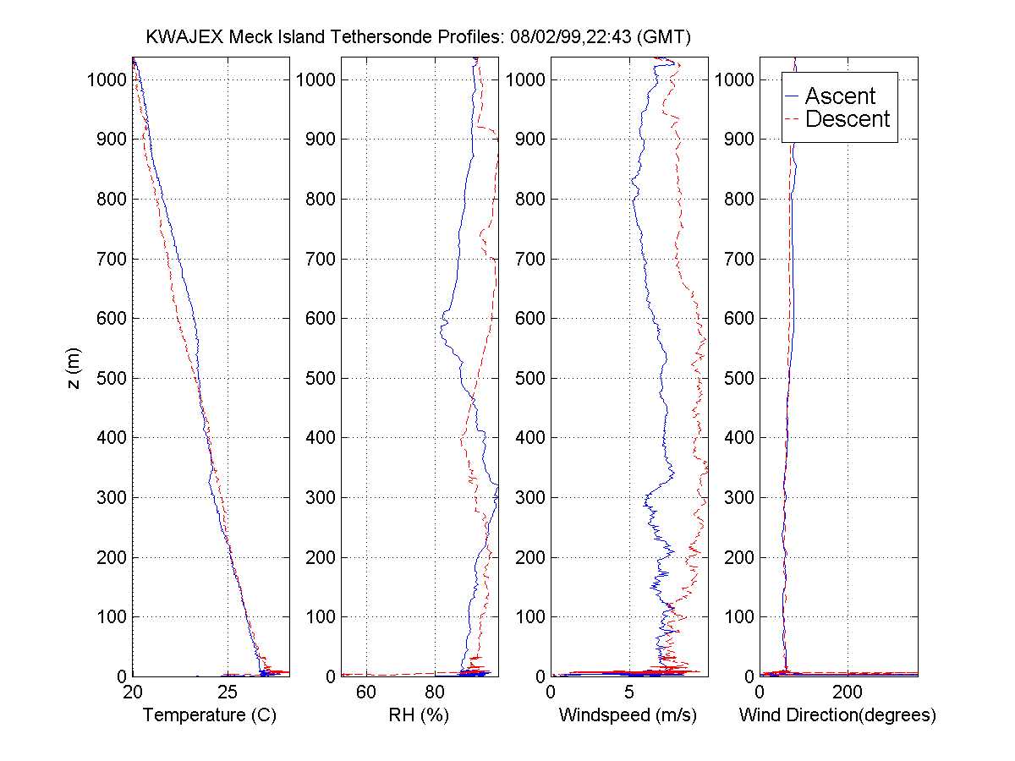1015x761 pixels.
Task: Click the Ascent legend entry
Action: [x=839, y=96]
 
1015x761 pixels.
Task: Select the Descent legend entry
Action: [x=847, y=119]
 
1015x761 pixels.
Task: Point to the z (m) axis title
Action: [x=75, y=369]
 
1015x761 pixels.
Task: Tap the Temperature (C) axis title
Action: [x=210, y=715]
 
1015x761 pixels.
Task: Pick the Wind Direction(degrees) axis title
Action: [x=837, y=715]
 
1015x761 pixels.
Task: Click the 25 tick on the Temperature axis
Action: [x=228, y=693]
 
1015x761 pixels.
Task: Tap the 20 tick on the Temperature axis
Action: [x=133, y=693]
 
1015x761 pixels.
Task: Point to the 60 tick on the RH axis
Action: [x=366, y=693]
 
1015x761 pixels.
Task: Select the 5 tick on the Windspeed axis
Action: [x=629, y=693]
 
